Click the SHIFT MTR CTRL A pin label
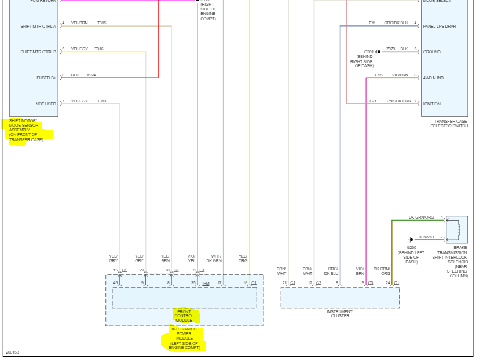(x=38, y=26)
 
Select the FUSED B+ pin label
(x=46, y=78)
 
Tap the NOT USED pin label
(x=46, y=104)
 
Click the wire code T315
(x=101, y=23)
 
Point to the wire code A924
(x=91, y=75)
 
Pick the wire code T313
(x=101, y=101)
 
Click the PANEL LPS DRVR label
(x=440, y=26)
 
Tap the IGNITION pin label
(x=432, y=104)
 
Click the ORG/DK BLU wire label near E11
(x=396, y=23)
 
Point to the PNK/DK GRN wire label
(x=399, y=101)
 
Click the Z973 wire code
(x=390, y=49)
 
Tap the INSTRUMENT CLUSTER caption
(x=339, y=314)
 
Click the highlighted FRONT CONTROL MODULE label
(x=184, y=316)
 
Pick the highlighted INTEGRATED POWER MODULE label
(x=184, y=339)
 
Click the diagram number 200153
(x=12, y=352)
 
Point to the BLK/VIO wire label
(x=426, y=237)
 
